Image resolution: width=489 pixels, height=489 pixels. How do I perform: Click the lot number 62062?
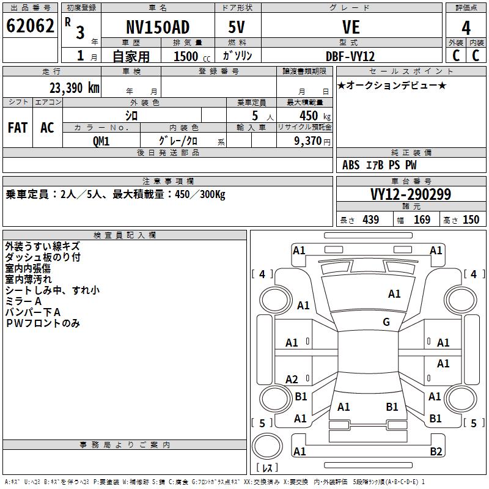coord(30,26)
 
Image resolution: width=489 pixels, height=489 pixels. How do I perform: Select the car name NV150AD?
coord(158,27)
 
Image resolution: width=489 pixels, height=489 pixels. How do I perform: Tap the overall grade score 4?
coord(466,28)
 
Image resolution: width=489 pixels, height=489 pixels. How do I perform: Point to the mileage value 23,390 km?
coord(75,88)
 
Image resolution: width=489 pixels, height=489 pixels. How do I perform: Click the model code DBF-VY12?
coord(350,56)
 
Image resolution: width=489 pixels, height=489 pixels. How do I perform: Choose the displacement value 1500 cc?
coord(192,56)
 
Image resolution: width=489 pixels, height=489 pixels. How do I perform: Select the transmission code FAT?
coord(18,128)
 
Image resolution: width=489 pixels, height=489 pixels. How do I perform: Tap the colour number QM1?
coord(101,141)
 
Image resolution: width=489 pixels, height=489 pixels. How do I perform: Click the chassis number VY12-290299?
coord(411,194)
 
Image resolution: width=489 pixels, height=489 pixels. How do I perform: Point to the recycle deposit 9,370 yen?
coord(312,141)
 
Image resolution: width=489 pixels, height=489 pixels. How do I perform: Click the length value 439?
coord(371,219)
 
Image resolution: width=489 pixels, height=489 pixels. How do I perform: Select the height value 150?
coord(471,219)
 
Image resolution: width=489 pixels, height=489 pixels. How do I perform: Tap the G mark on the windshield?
coord(386,322)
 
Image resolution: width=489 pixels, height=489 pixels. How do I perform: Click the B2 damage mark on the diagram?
coord(436,451)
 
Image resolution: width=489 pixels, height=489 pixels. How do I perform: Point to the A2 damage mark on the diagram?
coord(292,379)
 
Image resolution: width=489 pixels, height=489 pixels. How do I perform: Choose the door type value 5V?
coord(237,27)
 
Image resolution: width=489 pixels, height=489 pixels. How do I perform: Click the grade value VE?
coord(351,27)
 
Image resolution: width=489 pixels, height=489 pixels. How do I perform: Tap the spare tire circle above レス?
coord(267,446)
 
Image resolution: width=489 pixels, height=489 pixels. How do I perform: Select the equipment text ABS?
coord(351,165)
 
